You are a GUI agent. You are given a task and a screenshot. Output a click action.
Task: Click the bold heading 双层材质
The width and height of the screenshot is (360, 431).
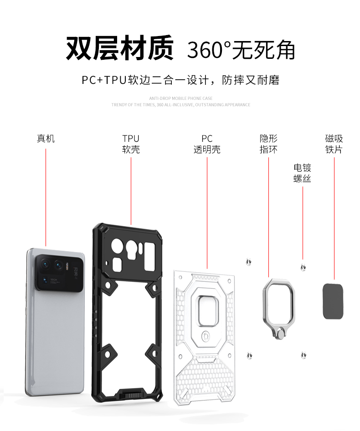120,49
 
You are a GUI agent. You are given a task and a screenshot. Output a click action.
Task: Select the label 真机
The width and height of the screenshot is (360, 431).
46,138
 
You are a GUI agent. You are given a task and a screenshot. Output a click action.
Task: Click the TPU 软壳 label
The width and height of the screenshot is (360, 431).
131,144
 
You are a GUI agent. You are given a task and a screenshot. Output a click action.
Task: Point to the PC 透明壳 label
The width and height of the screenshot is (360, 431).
207,144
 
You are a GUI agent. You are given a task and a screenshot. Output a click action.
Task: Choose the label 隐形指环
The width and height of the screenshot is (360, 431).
268,144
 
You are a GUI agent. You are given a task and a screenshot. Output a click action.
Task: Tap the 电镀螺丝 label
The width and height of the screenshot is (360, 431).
302,173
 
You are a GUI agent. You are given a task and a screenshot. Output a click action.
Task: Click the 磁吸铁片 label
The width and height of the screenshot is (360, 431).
334,144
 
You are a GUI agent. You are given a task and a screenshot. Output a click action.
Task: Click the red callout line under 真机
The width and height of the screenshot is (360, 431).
46,196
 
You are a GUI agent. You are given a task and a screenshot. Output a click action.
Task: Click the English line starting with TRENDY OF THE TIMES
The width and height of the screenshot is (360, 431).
181,105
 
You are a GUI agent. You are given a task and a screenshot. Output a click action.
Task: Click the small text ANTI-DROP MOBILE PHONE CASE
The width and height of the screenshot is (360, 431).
181,98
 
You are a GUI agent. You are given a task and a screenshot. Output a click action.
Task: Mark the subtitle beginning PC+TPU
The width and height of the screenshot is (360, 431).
180,80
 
